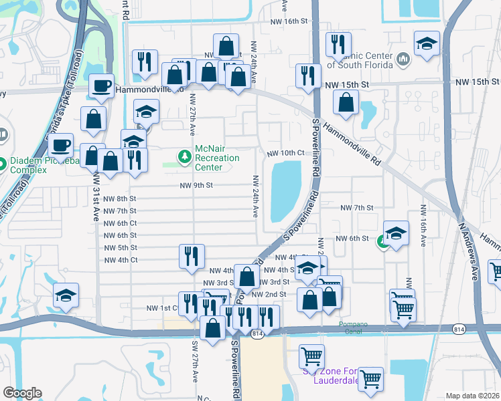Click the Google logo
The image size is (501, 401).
[22, 393]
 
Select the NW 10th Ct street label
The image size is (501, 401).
[285, 153]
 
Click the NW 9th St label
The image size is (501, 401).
[196, 185]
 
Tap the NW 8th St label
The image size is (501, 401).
[120, 199]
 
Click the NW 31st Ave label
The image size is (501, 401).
[96, 190]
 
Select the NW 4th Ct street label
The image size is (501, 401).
[120, 259]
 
